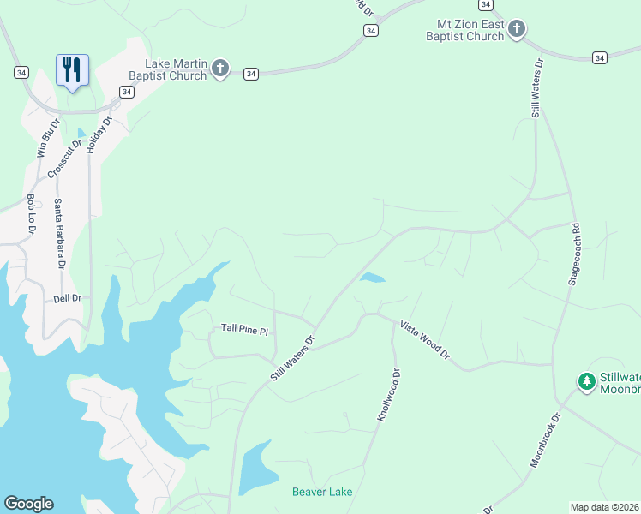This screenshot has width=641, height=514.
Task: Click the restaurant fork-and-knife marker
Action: [72, 69]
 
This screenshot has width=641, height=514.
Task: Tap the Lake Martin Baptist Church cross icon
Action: [220, 69]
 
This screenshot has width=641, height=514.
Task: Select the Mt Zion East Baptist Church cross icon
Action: [516, 30]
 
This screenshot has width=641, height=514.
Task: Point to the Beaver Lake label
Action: [322, 492]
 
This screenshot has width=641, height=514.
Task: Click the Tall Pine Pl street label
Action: [245, 328]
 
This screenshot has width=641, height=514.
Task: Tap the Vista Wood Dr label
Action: [423, 338]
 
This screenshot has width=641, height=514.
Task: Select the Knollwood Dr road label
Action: [388, 395]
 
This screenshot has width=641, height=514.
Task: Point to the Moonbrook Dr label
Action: [545, 440]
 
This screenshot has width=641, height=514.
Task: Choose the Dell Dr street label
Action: [67, 298]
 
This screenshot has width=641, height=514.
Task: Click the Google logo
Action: [28, 504]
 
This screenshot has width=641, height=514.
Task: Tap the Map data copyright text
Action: [605, 507]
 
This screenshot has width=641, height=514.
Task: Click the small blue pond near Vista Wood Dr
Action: [372, 278]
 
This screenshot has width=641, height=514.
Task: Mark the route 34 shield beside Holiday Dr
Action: [126, 92]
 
